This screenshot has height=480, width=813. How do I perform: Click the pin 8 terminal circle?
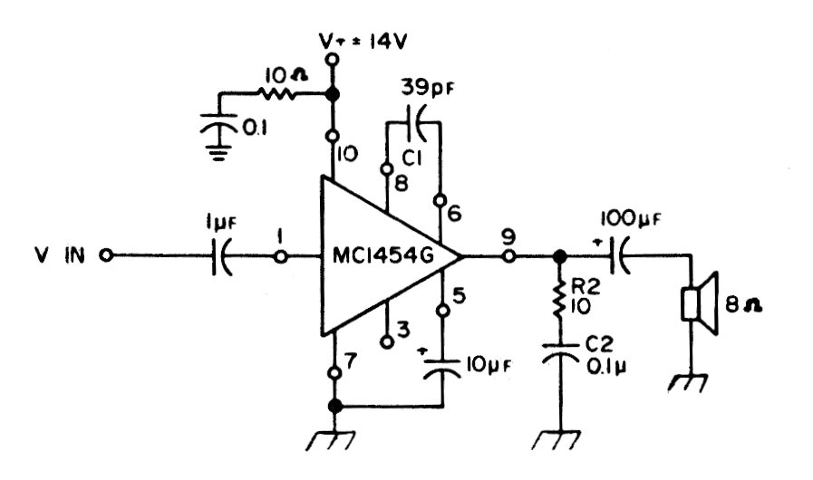387,168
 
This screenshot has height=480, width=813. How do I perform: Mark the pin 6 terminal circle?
440,201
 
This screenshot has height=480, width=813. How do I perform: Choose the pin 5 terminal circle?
441,312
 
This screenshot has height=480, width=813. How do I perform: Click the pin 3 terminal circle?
387,341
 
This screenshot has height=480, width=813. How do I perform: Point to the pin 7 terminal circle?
334,372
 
